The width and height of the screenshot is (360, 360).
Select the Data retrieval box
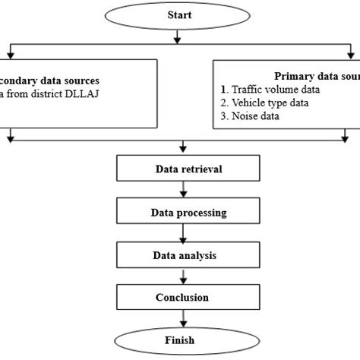[180, 169]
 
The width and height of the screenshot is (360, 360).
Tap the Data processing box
[180, 212]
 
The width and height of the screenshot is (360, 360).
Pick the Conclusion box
[180, 297]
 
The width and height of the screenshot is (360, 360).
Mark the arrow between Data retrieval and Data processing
[180, 191]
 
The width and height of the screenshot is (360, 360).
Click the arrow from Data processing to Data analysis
[180, 234]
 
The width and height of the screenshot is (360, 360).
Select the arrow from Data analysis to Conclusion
[180, 276]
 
